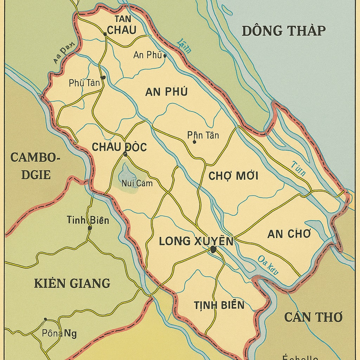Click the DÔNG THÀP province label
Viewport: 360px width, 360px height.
pyautogui.click(x=283, y=31)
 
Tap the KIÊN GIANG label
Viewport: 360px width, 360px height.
pyautogui.click(x=72, y=283)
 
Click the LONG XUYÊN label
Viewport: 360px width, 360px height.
pyautogui.click(x=196, y=241)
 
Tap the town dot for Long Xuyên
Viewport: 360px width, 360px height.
pyautogui.click(x=213, y=249)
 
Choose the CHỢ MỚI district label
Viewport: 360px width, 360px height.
pyautogui.click(x=233, y=176)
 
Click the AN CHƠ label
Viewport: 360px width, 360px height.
pyautogui.click(x=289, y=234)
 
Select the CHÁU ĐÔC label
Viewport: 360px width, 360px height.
pyautogui.click(x=119, y=147)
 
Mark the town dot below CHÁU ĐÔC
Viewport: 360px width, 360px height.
pyautogui.click(x=125, y=154)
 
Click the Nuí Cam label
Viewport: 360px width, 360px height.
pyautogui.click(x=137, y=183)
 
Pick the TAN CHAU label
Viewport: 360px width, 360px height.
pyautogui.click(x=121, y=25)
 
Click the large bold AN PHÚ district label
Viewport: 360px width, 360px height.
pyautogui.click(x=166, y=92)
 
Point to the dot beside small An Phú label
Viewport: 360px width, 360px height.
pyautogui.click(x=165, y=56)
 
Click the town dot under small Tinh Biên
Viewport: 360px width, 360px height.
pyautogui.click(x=90, y=228)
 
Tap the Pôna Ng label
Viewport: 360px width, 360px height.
pyautogui.click(x=59, y=333)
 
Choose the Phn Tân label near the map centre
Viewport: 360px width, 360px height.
pyautogui.click(x=203, y=135)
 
